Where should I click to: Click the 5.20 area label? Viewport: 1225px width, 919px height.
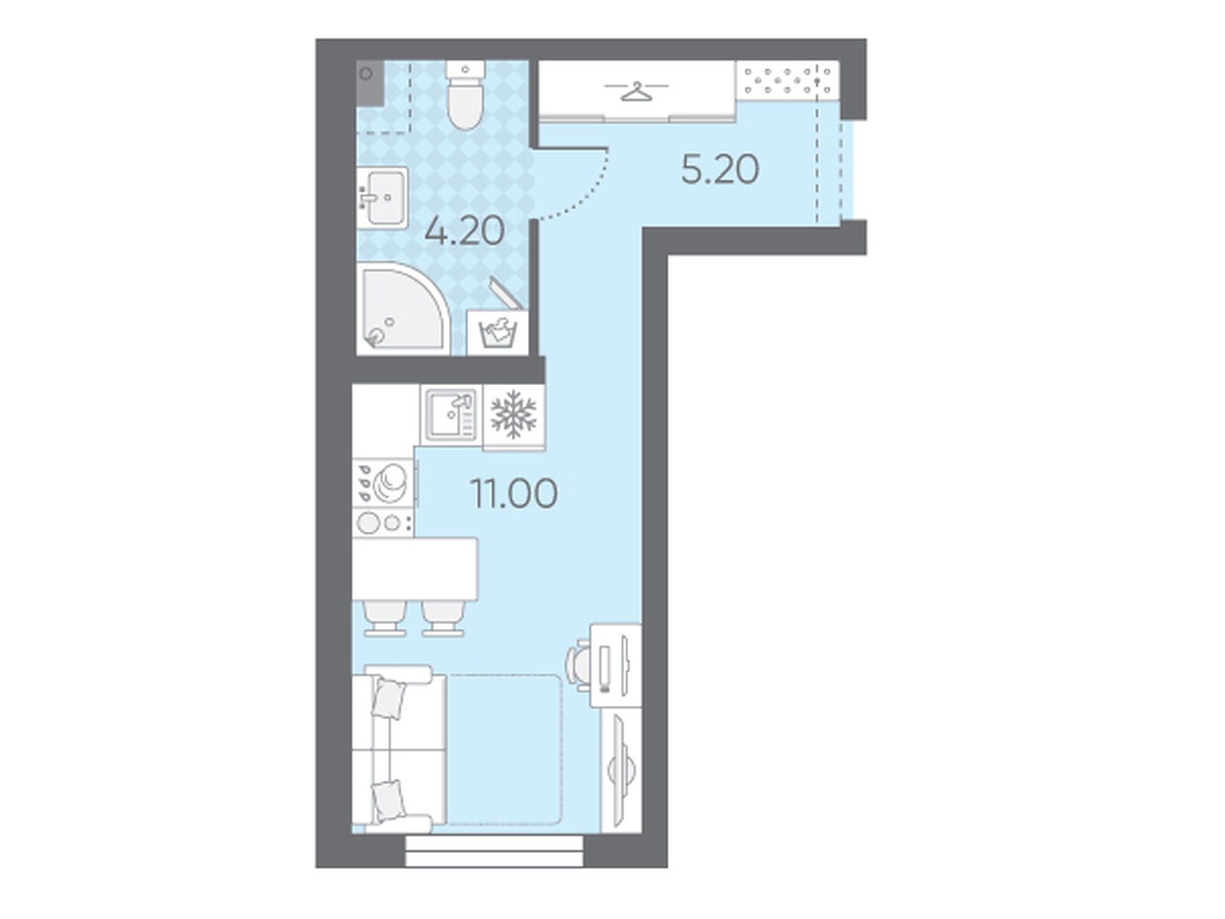pos(719,169)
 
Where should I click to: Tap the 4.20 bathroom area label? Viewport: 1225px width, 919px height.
pos(464,231)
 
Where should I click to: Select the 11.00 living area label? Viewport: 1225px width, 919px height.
pos(514,493)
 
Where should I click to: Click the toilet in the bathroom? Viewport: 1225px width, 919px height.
pos(466,96)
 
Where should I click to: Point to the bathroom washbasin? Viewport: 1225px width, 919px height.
pos(383,198)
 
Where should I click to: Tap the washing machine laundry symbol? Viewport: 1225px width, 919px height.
pos(499,333)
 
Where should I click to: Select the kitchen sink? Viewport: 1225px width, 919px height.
pos(451,415)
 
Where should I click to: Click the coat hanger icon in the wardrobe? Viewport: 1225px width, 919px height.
pos(636,91)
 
